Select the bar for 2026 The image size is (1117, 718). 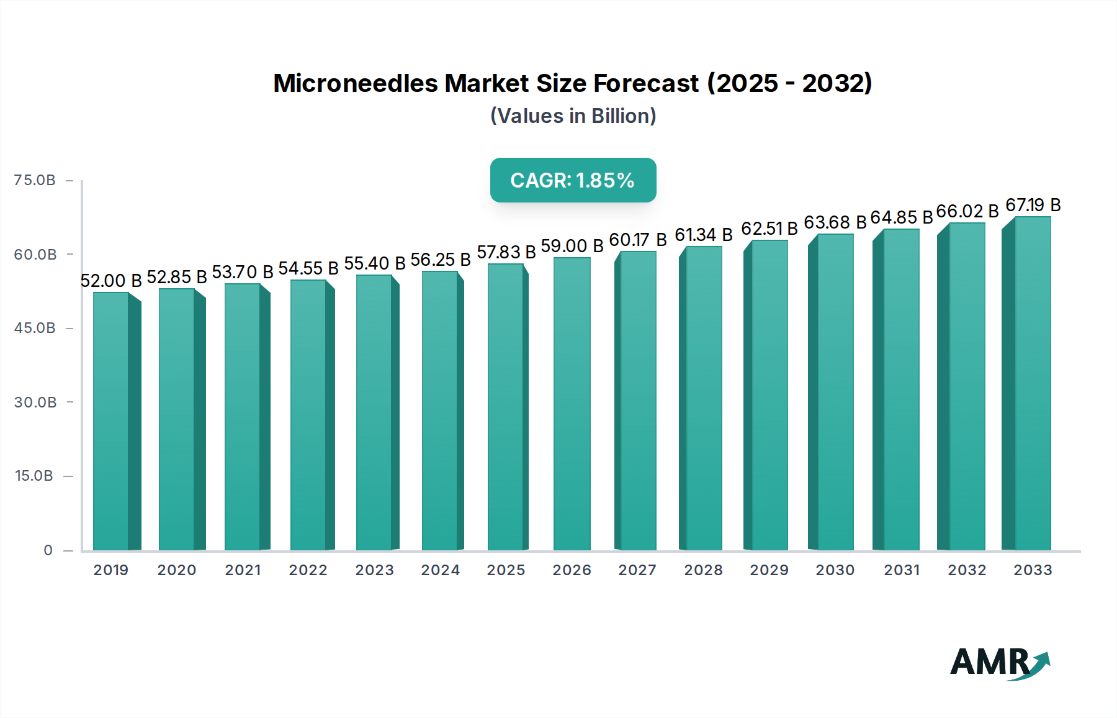pos(572,404)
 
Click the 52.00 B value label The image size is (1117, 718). pos(111,281)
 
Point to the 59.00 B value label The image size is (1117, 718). pos(572,246)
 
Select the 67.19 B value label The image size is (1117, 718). pos(1033,205)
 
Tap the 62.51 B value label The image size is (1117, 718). pos(769,229)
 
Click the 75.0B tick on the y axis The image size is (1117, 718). pos(35,180)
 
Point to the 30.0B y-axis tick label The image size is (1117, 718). pos(35,402)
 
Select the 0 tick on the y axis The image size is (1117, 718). pos(48,550)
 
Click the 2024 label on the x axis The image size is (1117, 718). pos(440,570)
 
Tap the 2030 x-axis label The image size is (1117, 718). pos(835,570)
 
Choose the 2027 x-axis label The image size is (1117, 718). pos(637,570)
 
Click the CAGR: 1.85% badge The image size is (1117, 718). pos(573,180)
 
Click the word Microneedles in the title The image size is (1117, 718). pos(355,83)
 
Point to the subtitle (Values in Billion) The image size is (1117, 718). pos(573,116)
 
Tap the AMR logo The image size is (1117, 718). pos(999,663)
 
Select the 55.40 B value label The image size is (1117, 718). pos(374,263)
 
